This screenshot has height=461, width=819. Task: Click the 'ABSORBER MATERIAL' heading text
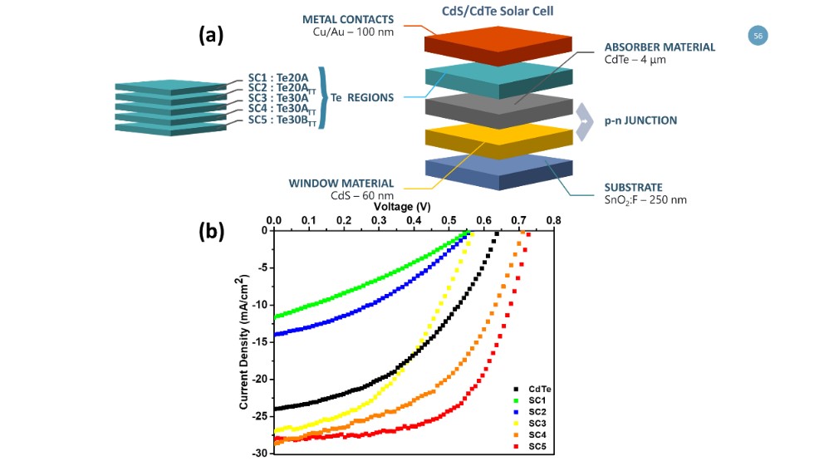click(x=660, y=47)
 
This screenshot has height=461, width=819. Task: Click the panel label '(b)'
click(x=214, y=232)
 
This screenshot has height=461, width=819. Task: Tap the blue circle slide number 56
click(x=758, y=36)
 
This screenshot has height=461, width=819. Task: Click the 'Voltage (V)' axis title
click(x=402, y=205)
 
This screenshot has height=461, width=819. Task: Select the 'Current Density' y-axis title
click(x=244, y=342)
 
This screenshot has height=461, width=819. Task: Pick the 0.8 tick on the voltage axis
click(x=553, y=221)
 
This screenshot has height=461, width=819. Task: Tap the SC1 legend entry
click(x=534, y=400)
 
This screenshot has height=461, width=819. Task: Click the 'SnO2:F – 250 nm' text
click(x=645, y=200)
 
